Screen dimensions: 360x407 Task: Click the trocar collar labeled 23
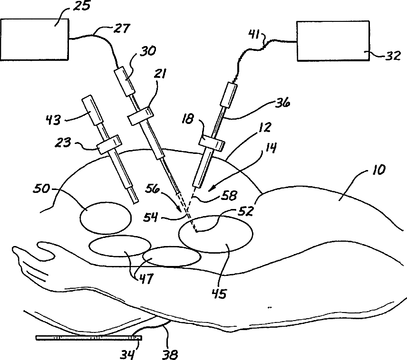(x=107, y=145)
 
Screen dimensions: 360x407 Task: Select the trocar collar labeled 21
(x=140, y=116)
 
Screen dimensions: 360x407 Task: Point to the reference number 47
(x=145, y=279)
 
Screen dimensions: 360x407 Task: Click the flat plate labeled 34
(x=88, y=338)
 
